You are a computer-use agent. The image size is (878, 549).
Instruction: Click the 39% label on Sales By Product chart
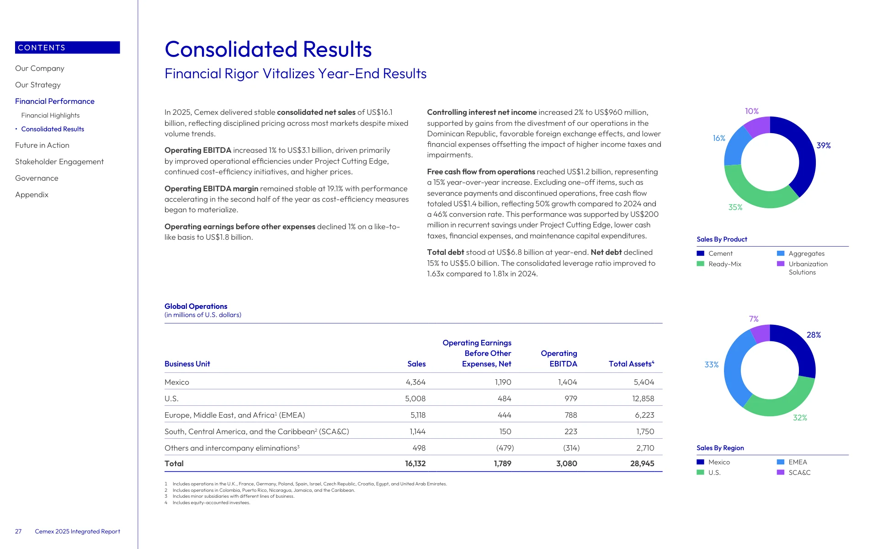(x=823, y=145)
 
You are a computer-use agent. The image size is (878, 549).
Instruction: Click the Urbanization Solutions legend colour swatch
(x=781, y=264)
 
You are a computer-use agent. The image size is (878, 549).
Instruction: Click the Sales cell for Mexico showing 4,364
(x=415, y=382)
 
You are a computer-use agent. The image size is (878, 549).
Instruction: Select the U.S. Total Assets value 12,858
(x=643, y=398)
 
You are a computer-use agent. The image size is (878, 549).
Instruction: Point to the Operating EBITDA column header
(x=559, y=358)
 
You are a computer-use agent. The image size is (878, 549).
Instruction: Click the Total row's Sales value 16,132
(x=415, y=463)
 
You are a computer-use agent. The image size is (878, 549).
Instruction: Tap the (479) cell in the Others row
(x=505, y=448)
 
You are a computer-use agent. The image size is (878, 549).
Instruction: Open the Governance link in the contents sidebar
(x=37, y=178)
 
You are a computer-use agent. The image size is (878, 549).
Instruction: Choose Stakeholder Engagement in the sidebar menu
(x=59, y=161)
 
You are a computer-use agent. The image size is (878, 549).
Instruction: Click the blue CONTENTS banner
(x=68, y=48)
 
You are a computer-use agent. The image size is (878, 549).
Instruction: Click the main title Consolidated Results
(x=268, y=49)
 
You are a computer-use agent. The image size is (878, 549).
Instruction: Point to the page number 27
(x=18, y=531)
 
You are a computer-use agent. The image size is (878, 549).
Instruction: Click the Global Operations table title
(x=196, y=306)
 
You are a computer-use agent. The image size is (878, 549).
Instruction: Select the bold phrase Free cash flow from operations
(x=481, y=172)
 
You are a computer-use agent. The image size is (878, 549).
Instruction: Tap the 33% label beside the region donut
(x=711, y=365)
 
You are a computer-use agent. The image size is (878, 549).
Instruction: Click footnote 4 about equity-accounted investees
(x=208, y=503)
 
